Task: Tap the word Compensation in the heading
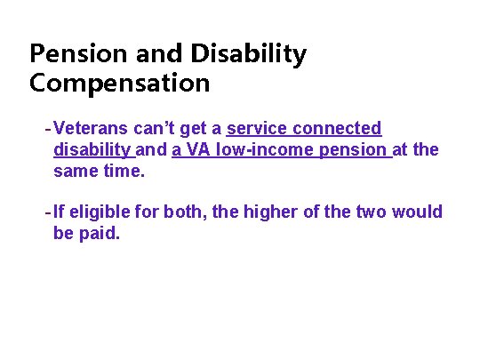pyautogui.click(x=119, y=84)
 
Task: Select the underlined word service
pyautogui.click(x=259, y=129)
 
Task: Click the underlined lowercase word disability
pyautogui.click(x=92, y=149)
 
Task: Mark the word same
pyautogui.click(x=75, y=170)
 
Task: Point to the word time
pyautogui.click(x=123, y=170)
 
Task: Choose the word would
pyautogui.click(x=418, y=212)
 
